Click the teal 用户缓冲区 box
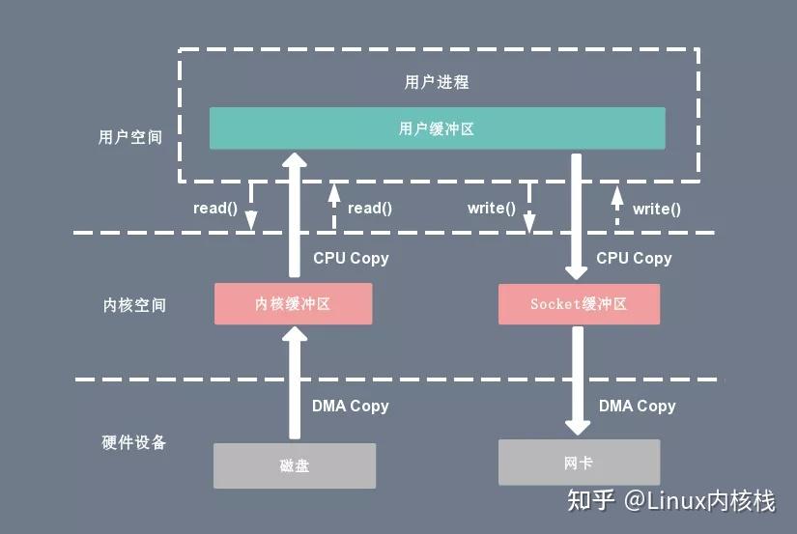click(x=437, y=128)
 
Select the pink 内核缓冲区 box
click(x=293, y=303)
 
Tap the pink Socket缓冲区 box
click(x=579, y=303)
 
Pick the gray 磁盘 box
click(x=294, y=465)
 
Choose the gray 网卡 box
click(x=579, y=463)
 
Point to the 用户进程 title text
click(x=437, y=82)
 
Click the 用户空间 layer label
click(x=130, y=137)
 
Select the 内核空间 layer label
click(x=134, y=305)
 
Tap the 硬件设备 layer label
click(x=134, y=442)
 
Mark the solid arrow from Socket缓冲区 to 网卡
click(x=578, y=381)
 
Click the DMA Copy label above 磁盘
click(x=350, y=406)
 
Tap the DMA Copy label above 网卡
click(x=637, y=406)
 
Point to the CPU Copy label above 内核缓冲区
click(x=351, y=258)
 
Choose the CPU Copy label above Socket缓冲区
click(x=634, y=258)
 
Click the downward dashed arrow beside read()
click(x=251, y=207)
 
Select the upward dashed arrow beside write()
click(x=616, y=207)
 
